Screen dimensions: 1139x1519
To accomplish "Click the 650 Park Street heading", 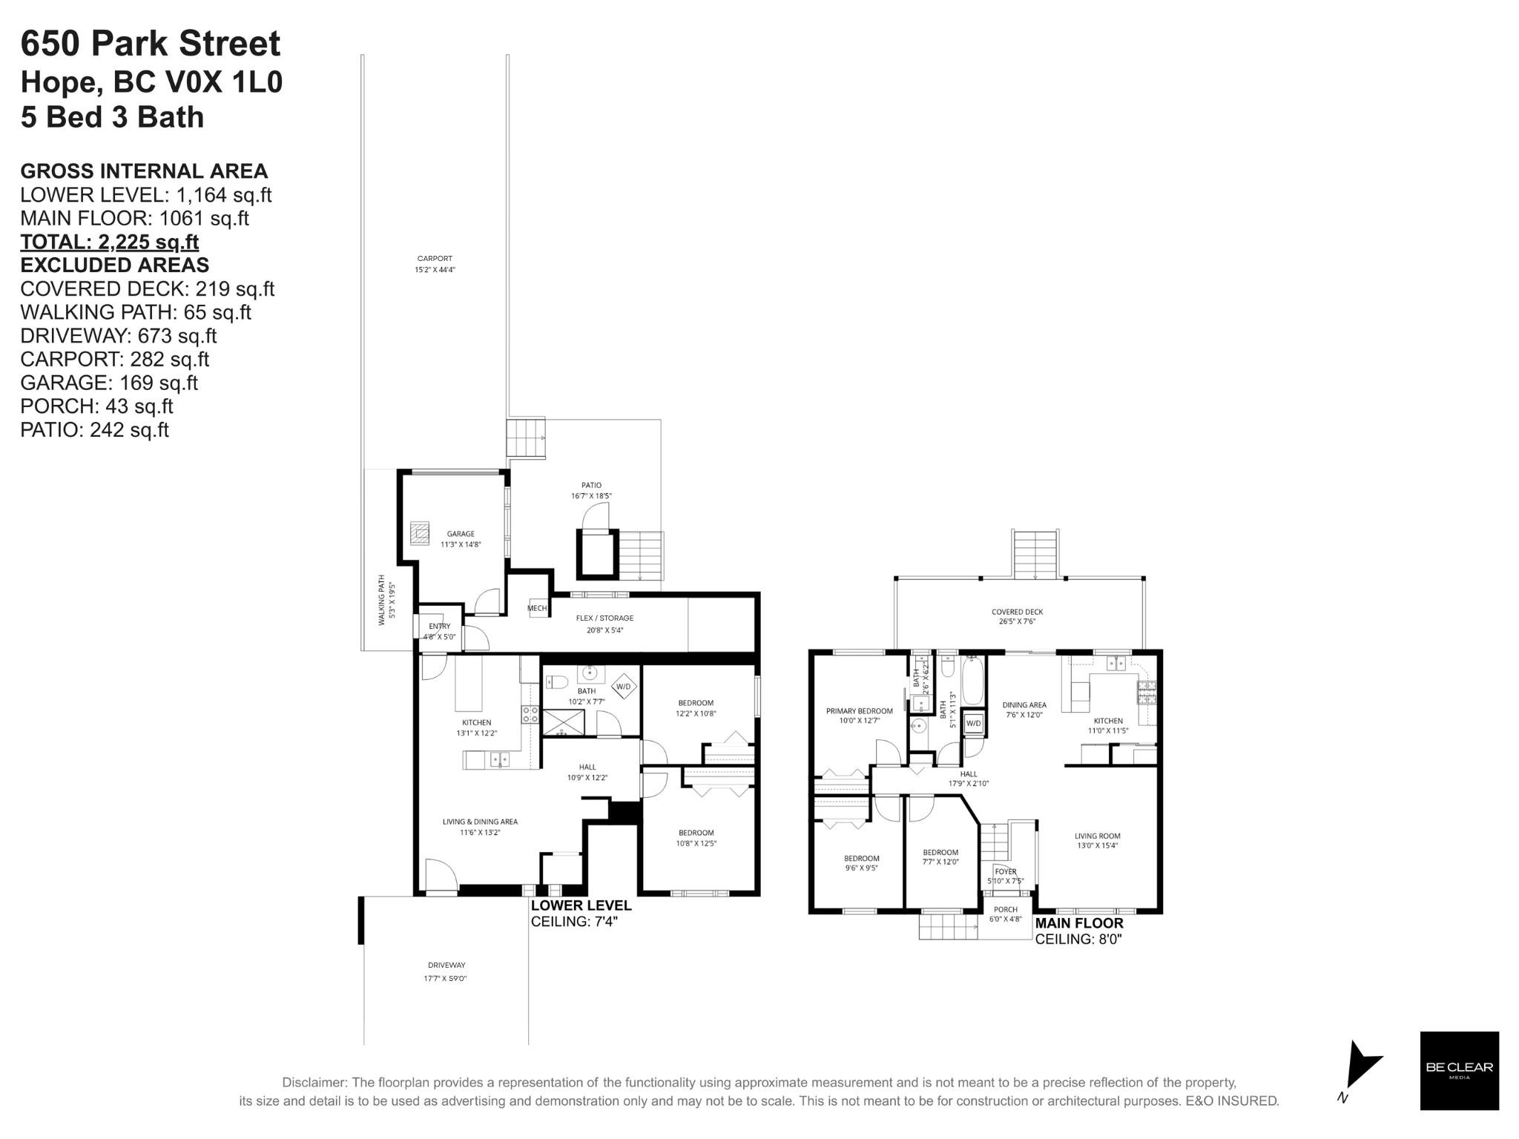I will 151,44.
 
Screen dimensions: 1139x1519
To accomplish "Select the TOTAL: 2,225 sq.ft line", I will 109,242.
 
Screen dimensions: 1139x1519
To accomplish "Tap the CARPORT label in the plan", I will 435,259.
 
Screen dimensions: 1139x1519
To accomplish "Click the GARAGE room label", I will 461,534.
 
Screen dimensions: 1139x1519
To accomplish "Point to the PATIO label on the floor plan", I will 591,486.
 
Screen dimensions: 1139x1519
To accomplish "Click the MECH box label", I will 537,608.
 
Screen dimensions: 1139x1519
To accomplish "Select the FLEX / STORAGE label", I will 604,618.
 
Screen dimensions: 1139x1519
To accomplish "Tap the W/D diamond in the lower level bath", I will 623,687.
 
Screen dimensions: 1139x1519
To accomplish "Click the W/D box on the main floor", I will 973,723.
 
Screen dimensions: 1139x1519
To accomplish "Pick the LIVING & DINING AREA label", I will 480,822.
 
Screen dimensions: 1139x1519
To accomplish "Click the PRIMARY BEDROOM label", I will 860,711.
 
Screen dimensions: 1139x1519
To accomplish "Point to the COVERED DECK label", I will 1017,612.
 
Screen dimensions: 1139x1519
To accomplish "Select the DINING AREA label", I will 1024,705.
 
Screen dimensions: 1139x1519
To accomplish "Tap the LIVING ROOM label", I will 1098,836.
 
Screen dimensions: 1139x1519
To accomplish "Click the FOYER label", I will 1006,871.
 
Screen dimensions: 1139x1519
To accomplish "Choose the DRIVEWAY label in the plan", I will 447,965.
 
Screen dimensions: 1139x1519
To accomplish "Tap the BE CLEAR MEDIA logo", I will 1459,1070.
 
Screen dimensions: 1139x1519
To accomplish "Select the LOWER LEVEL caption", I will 581,905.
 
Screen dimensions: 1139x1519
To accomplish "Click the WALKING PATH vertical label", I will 382,600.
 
